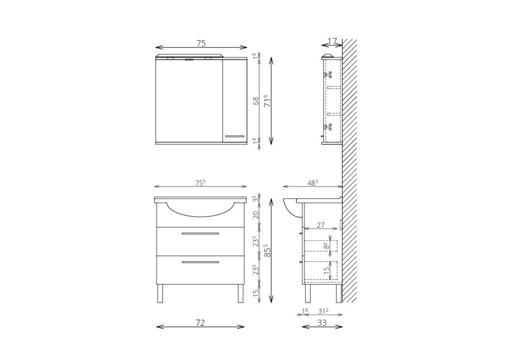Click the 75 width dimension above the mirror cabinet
click(201, 43)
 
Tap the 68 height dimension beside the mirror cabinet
click(256, 100)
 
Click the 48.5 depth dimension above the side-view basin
click(312, 183)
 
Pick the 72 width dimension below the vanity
click(200, 323)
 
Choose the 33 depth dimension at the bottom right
click(322, 323)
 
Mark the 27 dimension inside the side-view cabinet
click(321, 225)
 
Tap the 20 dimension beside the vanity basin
click(256, 215)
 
